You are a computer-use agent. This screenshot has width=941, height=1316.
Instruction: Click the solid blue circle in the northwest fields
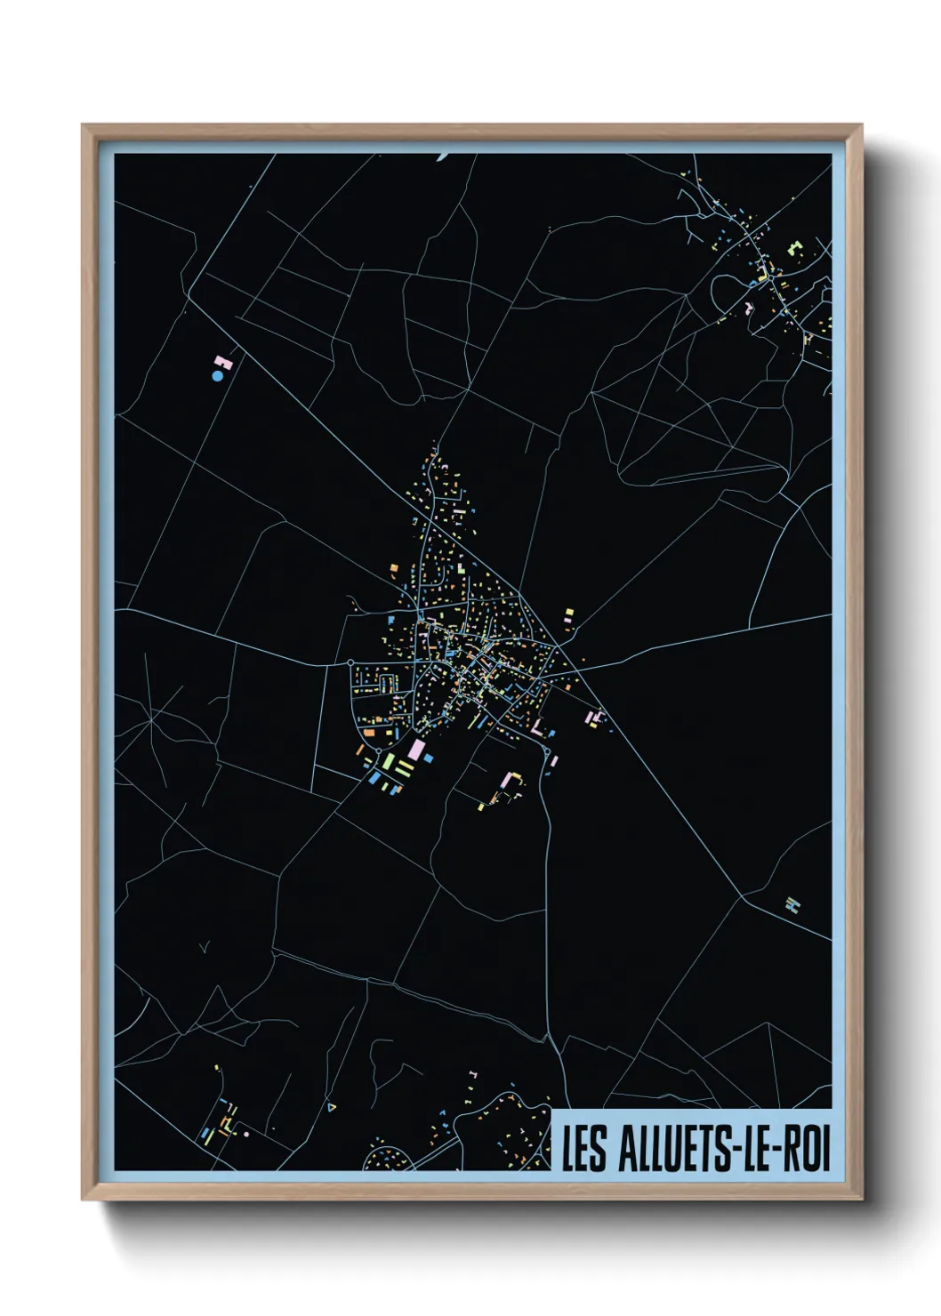click(x=217, y=376)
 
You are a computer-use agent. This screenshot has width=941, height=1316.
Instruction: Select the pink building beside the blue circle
click(x=222, y=362)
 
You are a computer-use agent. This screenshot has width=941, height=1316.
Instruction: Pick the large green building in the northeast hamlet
click(x=794, y=247)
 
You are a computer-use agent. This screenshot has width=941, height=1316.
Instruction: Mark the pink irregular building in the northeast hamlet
click(x=750, y=308)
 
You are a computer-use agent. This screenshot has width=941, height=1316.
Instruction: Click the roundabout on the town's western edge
click(x=350, y=662)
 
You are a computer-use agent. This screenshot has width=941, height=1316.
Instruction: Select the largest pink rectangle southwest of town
click(x=414, y=750)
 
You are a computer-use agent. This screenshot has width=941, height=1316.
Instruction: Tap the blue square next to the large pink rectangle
click(x=428, y=758)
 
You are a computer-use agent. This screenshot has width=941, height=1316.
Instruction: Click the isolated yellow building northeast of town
click(x=569, y=614)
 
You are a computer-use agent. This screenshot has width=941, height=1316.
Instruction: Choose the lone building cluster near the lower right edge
click(x=793, y=905)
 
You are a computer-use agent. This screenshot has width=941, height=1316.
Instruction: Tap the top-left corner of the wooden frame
click(x=83, y=125)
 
